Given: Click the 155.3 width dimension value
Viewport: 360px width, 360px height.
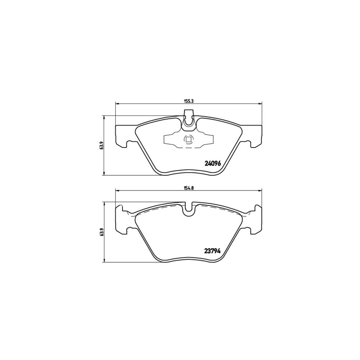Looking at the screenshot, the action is (x=188, y=100).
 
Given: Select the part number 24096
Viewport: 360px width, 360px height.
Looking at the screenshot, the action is (x=212, y=163).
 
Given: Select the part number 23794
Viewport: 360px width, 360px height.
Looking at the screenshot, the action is (x=212, y=251).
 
